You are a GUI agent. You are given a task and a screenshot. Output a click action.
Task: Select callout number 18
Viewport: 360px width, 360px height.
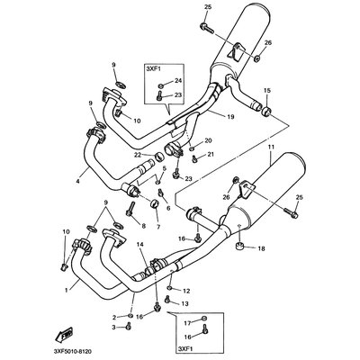click(261, 248)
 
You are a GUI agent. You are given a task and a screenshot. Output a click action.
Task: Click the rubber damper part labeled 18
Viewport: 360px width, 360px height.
click(239, 246)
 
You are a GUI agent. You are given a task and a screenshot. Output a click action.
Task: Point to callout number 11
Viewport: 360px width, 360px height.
click(271, 148)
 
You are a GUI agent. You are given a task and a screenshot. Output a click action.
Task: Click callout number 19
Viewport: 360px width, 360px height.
click(230, 116)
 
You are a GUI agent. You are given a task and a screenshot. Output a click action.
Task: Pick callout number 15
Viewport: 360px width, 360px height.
click(267, 90)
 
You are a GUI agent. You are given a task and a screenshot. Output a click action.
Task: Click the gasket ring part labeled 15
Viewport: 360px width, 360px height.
click(266, 111)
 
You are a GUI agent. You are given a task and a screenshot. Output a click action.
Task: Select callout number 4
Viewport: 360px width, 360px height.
click(78, 181)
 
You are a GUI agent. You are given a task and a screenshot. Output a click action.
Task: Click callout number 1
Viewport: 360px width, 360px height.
click(66, 290)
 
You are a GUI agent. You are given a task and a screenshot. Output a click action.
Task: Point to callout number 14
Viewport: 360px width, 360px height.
click(140, 245)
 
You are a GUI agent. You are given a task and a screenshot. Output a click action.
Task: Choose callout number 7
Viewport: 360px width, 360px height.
click(158, 226)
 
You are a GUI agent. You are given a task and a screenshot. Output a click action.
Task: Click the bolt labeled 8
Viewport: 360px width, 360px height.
click(130, 210)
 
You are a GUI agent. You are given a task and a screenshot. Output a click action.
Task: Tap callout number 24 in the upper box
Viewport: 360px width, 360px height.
click(178, 80)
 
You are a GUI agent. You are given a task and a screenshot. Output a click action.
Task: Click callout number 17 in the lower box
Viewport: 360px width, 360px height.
click(187, 323)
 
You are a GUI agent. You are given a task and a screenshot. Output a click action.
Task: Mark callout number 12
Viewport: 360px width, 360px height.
click(186, 291)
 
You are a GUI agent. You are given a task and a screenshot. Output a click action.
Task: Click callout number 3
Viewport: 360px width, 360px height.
click(113, 327)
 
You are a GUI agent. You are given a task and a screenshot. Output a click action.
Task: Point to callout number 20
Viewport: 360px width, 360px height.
click(208, 140)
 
